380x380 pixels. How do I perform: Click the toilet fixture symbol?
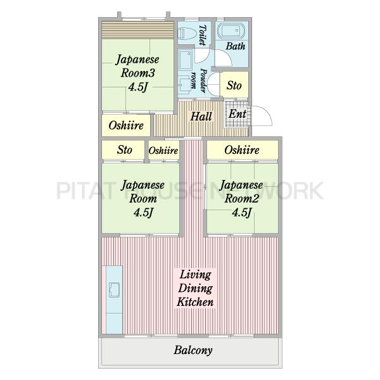point(186,34)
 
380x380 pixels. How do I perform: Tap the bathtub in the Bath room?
point(231,31)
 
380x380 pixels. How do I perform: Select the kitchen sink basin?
point(115,289)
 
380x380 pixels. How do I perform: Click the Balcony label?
point(193,350)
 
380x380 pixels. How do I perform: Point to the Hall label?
point(201,117)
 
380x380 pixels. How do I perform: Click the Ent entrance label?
point(237,114)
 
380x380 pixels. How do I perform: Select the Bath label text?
point(236,46)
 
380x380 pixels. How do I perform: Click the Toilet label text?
point(203,35)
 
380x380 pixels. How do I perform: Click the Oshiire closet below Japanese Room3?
point(126,125)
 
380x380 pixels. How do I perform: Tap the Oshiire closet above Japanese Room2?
point(242,150)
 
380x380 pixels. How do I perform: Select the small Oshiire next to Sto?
point(163,150)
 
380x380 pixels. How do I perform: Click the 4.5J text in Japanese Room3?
point(137,87)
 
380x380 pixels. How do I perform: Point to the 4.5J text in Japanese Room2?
point(242,213)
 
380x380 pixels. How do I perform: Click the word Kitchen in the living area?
point(195,302)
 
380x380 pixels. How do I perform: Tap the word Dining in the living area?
point(195,289)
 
